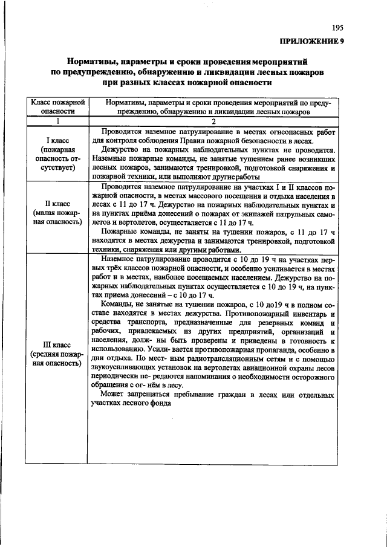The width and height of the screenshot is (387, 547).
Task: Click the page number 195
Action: (x=337, y=28)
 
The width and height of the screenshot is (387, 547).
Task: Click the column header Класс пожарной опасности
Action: (x=57, y=107)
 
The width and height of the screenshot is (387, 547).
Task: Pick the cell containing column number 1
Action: (x=57, y=121)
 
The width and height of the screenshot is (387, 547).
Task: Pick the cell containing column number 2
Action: (x=213, y=121)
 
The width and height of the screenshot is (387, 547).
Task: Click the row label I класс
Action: (x=57, y=140)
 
